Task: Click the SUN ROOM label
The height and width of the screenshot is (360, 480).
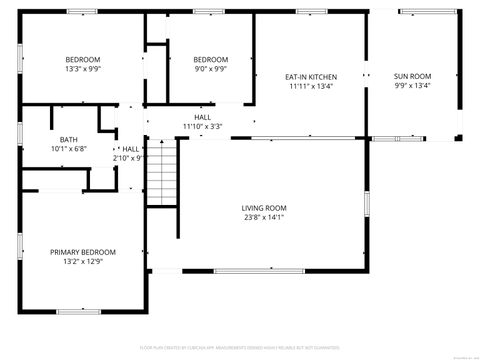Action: pos(412,76)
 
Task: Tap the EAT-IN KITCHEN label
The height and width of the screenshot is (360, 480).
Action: pos(311,76)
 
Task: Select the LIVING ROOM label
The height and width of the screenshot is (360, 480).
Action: pos(264,208)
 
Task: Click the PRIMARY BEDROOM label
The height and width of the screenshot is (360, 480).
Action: pos(83,252)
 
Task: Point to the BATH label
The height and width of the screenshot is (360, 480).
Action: pos(68,139)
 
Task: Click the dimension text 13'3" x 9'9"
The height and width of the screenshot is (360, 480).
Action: pos(83,69)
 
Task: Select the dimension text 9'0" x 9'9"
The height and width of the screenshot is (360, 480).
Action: pos(210,69)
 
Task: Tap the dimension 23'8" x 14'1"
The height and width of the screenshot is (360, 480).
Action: pos(264,218)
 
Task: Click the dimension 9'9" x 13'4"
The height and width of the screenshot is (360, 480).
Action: pos(412,86)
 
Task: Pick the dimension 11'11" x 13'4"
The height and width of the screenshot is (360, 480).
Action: pos(311,86)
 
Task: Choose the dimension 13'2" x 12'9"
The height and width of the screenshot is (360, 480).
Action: pos(83,262)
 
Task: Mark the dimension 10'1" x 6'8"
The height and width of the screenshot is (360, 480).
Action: pos(68,149)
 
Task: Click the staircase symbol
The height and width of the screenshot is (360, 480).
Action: pos(162,172)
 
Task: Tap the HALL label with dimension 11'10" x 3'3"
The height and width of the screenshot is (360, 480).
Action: pos(202,117)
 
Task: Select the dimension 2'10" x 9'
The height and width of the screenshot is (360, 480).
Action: pos(129,158)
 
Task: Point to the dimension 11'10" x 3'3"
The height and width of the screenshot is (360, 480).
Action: pos(202,127)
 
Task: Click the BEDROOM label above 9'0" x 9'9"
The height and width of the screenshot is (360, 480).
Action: pos(210,59)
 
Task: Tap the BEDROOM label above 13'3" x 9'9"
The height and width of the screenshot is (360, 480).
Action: pos(83,59)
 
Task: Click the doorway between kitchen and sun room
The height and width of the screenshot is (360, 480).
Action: pos(366,76)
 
